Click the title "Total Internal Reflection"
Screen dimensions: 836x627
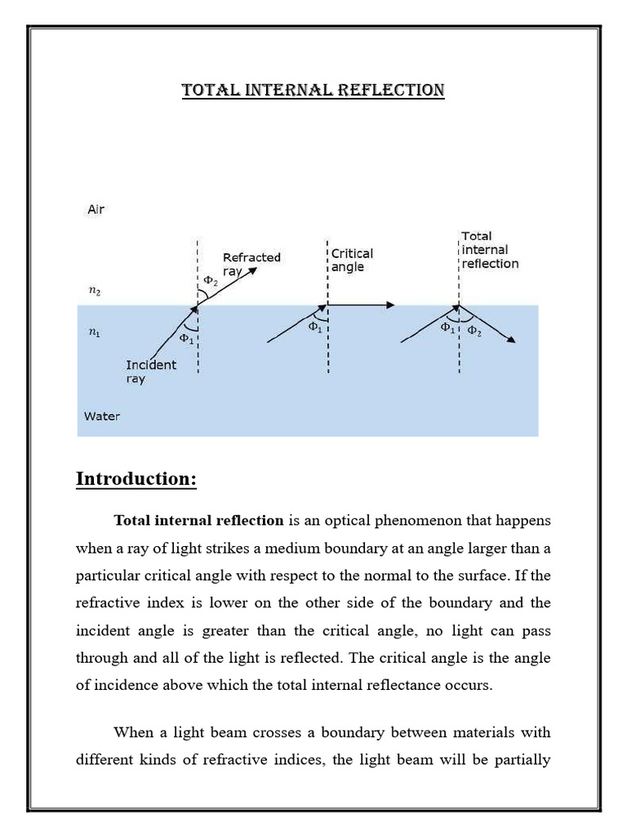pyautogui.click(x=313, y=90)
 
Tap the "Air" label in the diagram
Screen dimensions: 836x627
pyautogui.click(x=96, y=210)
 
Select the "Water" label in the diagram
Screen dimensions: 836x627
pyautogui.click(x=102, y=416)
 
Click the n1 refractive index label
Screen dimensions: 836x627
pyautogui.click(x=95, y=333)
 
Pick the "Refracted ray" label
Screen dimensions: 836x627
pyautogui.click(x=251, y=264)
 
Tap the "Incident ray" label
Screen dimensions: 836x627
pyautogui.click(x=151, y=371)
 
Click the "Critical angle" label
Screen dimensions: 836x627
pyautogui.click(x=352, y=260)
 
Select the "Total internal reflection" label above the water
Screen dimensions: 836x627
pyautogui.click(x=489, y=250)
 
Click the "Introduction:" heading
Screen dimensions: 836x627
pyautogui.click(x=136, y=479)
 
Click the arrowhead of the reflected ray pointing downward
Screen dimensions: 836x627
pyautogui.click(x=510, y=339)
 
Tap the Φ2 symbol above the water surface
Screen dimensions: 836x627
pyautogui.click(x=210, y=281)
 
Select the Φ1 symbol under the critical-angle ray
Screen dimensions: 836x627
pyautogui.click(x=314, y=327)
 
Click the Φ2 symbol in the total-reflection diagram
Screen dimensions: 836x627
pyautogui.click(x=474, y=331)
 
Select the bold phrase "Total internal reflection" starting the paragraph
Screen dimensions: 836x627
pyautogui.click(x=198, y=520)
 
